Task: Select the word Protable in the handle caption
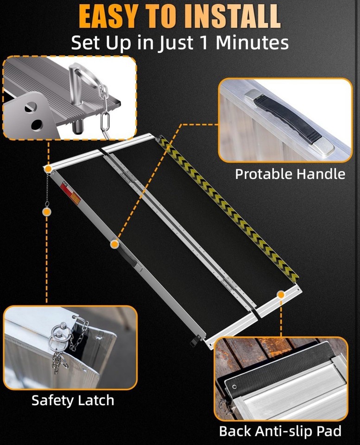(x=262, y=174)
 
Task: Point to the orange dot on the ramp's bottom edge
(x=281, y=294)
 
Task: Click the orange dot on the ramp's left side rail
(x=114, y=243)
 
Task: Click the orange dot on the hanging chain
(x=46, y=211)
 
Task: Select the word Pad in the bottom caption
(x=330, y=431)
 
